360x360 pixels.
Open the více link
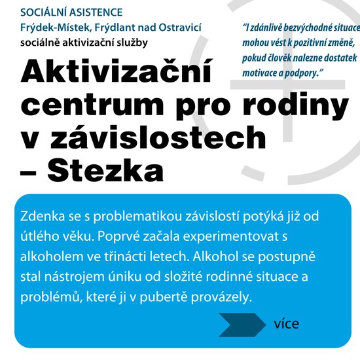(287, 323)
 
